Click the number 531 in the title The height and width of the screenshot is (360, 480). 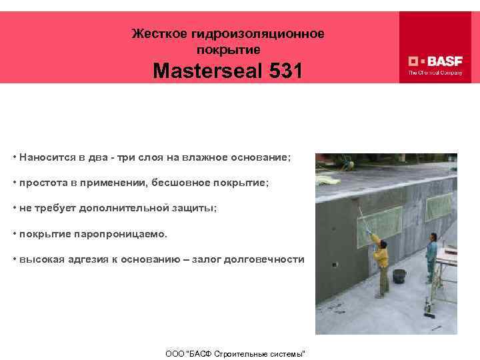282,71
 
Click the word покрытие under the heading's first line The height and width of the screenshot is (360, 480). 229,49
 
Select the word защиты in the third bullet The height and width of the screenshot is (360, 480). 194,207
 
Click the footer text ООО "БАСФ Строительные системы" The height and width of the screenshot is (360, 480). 235,352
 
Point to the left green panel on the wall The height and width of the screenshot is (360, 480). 379,219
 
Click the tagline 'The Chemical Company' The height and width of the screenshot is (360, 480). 435,73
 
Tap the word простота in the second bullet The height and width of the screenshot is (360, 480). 41,183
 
